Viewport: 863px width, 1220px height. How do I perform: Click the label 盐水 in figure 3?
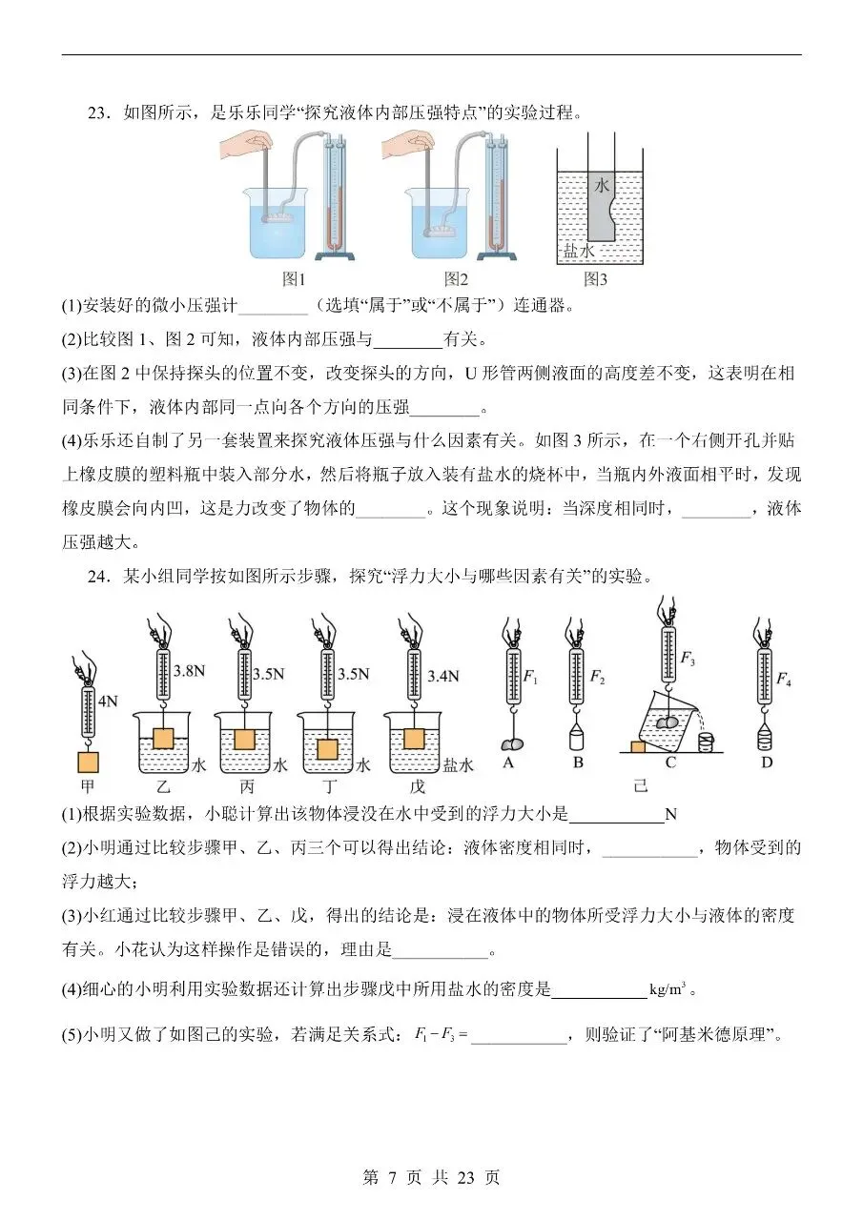point(578,251)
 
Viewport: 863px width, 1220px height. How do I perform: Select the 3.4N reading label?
point(439,676)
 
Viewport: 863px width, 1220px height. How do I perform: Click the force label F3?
point(688,657)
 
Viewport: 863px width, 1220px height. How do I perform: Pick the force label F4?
point(783,679)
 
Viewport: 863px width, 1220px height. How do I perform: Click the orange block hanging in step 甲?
point(89,762)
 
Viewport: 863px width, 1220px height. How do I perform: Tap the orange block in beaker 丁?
point(327,748)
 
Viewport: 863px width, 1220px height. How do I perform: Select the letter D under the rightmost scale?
point(766,762)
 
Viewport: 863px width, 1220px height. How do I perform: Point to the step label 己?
point(640,786)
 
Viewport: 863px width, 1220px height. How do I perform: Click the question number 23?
point(99,113)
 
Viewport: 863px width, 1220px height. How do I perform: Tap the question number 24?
point(99,576)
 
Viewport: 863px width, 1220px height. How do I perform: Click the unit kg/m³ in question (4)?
point(668,989)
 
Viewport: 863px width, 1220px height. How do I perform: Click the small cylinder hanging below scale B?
point(576,740)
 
